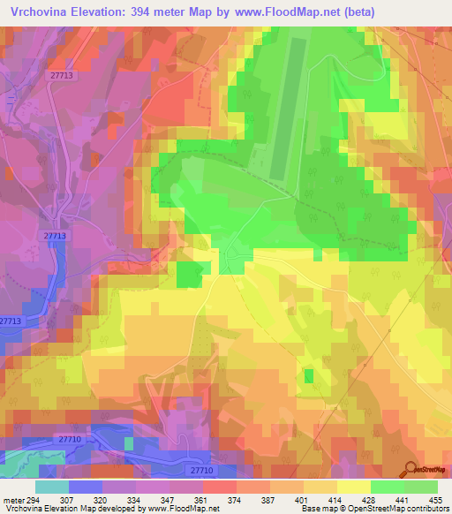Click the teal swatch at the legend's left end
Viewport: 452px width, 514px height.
click(x=52, y=487)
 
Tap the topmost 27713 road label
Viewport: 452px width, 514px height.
click(x=62, y=78)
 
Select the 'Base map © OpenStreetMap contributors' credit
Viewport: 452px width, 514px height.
click(x=374, y=509)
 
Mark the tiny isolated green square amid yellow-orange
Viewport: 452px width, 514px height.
click(x=308, y=376)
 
